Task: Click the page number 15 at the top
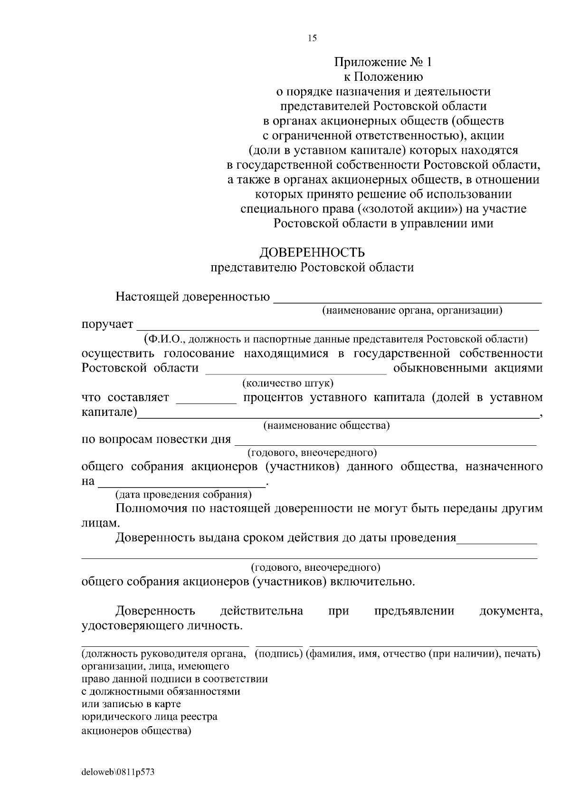coord(312,38)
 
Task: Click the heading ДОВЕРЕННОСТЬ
coord(312,252)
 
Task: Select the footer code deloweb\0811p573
coord(118,772)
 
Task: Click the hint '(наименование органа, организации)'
coord(412,311)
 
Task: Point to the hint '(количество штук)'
coord(288,383)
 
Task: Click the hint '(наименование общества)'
coord(326,425)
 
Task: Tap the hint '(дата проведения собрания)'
coord(184,495)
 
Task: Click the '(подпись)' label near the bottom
coord(279,654)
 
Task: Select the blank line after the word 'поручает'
coord(337,328)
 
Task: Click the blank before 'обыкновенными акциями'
coord(295,373)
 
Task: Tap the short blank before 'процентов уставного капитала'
coord(206,402)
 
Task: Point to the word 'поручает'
coord(107,325)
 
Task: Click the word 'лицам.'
coord(97,523)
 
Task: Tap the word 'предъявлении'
coord(414,611)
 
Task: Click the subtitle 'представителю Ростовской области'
coord(312,268)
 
